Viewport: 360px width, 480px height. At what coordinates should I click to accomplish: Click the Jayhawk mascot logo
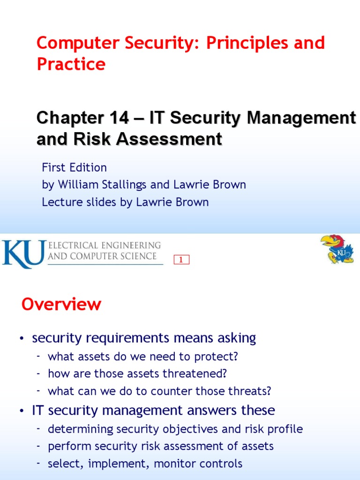tap(337, 248)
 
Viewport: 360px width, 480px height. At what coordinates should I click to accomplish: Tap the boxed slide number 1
tap(181, 260)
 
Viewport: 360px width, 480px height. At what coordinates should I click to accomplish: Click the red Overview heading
tap(61, 305)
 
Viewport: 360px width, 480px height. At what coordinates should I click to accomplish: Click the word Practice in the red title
tap(71, 64)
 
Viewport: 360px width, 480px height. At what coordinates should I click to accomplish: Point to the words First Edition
tap(74, 167)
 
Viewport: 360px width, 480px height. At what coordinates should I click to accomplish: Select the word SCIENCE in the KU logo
tap(138, 256)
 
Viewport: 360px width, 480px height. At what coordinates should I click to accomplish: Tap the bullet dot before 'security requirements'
tap(22, 338)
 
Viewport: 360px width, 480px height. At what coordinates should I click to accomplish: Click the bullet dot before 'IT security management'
tap(22, 411)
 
